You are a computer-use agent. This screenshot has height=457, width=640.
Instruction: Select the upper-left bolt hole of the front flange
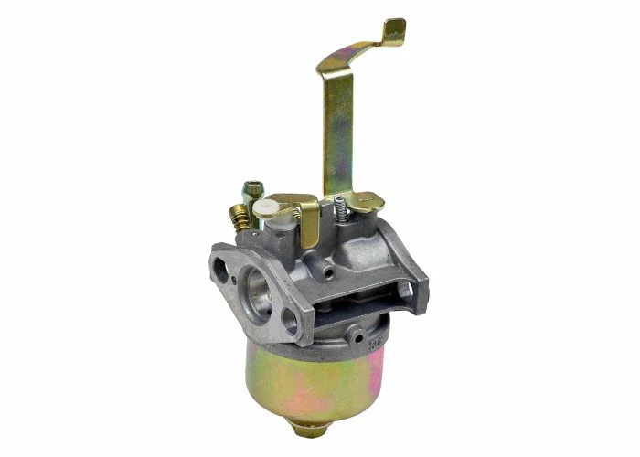[220, 268]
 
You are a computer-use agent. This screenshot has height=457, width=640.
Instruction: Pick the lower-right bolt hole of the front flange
[292, 322]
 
